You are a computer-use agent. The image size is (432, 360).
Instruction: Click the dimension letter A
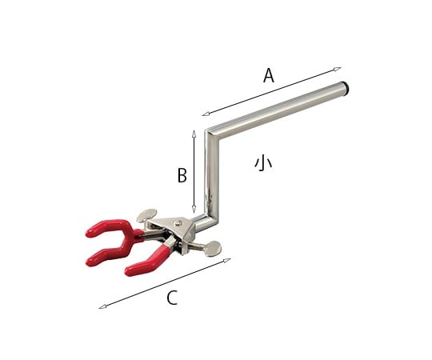coord(269,76)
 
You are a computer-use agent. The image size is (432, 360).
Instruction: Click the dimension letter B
coord(182,174)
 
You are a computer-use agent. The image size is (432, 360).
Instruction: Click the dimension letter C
coord(171,298)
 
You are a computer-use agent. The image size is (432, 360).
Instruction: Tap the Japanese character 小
coord(263,162)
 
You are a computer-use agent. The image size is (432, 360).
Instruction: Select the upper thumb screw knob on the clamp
coord(147,214)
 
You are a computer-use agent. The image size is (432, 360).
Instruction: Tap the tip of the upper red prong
coord(89,234)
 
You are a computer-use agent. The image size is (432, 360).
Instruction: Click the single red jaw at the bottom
coord(144,265)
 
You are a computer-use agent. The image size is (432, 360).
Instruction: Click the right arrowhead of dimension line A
coord(339,68)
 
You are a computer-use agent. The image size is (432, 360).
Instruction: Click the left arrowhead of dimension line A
coord(204,114)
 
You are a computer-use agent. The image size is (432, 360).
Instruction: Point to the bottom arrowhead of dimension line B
coord(194,214)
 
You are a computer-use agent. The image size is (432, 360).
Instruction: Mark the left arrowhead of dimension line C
coord(100,307)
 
